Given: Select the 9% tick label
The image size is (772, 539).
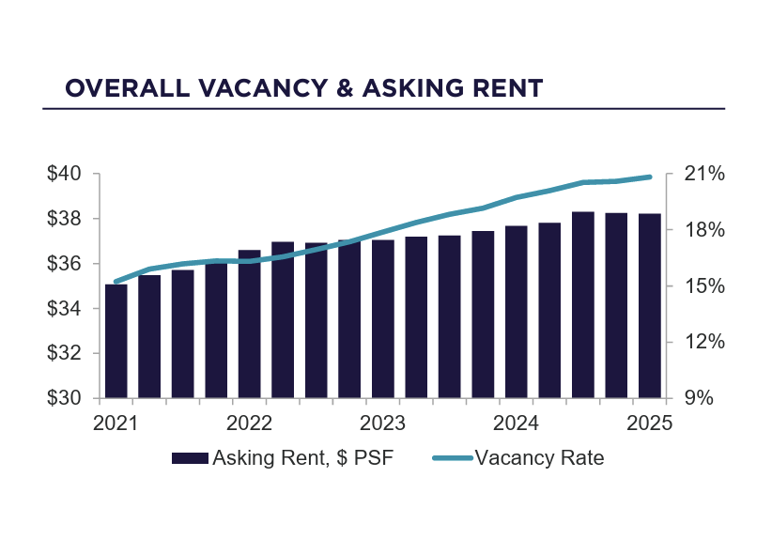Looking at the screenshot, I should pyautogui.click(x=699, y=398).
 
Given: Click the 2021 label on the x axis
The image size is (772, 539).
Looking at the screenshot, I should pyautogui.click(x=116, y=423).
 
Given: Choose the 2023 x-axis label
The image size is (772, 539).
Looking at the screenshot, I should pyautogui.click(x=382, y=423).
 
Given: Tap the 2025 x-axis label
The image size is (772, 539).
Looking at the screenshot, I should pyautogui.click(x=650, y=423).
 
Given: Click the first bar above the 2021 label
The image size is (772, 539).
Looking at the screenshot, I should pyautogui.click(x=116, y=341).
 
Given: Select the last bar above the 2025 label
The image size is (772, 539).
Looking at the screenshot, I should pyautogui.click(x=650, y=306).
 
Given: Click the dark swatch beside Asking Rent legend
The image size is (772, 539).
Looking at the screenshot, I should pyautogui.click(x=189, y=459).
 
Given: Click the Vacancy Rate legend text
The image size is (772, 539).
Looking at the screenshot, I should pyautogui.click(x=539, y=459).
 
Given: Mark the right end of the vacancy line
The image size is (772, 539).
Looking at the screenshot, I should pyautogui.click(x=650, y=177).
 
